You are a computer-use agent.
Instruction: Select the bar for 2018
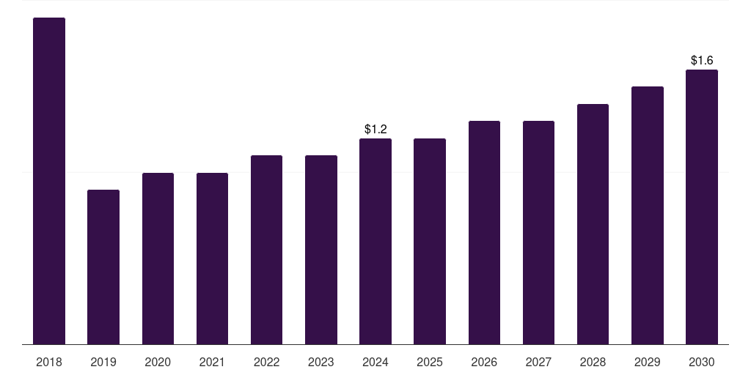pos(49,181)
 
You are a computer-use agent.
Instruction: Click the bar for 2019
pos(103,267)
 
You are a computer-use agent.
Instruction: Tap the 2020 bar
pos(158,259)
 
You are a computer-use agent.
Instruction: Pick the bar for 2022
pos(266,250)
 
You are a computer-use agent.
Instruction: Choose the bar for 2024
pos(375,242)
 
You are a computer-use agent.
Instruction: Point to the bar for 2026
pos(484,232)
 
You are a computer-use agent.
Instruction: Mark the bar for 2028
pos(593,224)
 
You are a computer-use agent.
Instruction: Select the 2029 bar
pos(648,215)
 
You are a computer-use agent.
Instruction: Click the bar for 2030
pos(702,207)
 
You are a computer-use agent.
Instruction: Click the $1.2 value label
pos(375,129)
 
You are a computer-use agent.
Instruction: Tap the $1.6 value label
pos(702,60)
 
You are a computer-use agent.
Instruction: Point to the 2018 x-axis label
pos(49,362)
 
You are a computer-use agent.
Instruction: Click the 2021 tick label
pos(212,362)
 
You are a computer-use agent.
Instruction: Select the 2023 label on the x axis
pos(321,362)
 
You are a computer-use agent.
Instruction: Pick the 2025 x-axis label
pos(430,362)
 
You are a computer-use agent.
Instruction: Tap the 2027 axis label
pos(538,362)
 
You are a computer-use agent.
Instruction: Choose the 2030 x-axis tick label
pos(702,362)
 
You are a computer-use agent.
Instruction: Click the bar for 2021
pos(212,259)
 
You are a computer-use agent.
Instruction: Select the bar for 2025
pos(430,242)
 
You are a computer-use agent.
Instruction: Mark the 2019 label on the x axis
pos(103,362)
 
